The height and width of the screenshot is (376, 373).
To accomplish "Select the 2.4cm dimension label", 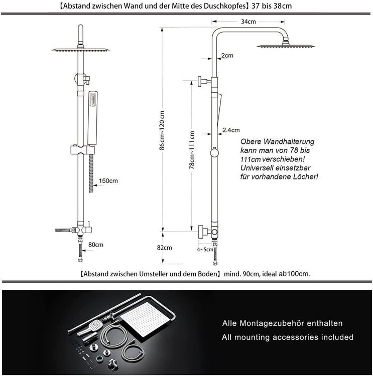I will pos(230,130).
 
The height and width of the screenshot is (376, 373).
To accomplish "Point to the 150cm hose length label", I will pos(108,180).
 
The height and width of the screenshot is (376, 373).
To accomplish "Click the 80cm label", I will pos(95,244).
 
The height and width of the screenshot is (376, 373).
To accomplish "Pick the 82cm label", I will pos(164,248).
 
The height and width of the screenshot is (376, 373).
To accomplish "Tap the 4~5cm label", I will pos(205,249).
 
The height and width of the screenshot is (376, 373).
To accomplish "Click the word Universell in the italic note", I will pos(258,167).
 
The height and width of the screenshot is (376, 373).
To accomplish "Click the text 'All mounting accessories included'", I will pos(288,337).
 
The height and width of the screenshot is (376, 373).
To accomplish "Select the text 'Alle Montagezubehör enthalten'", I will pos(282,323).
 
